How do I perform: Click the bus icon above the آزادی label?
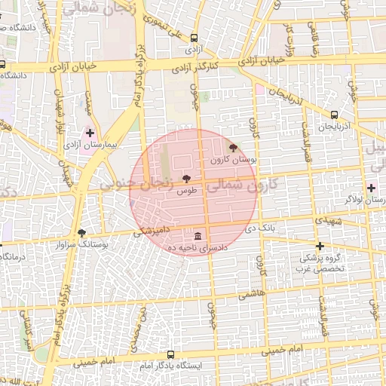point(194,37)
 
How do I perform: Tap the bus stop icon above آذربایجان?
point(334,115)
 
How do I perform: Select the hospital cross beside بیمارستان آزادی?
point(90,133)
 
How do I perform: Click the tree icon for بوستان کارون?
point(232,148)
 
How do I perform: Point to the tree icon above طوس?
point(185,179)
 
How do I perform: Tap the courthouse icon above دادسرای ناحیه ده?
point(198,235)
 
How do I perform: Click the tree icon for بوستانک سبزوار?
point(81,233)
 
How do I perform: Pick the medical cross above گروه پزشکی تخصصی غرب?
point(320,246)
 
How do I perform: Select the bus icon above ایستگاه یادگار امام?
point(170,354)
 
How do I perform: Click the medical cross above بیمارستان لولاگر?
point(371,187)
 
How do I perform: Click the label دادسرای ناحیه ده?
point(198,248)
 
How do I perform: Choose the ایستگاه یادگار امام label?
point(171,366)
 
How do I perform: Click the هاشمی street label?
point(252,296)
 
